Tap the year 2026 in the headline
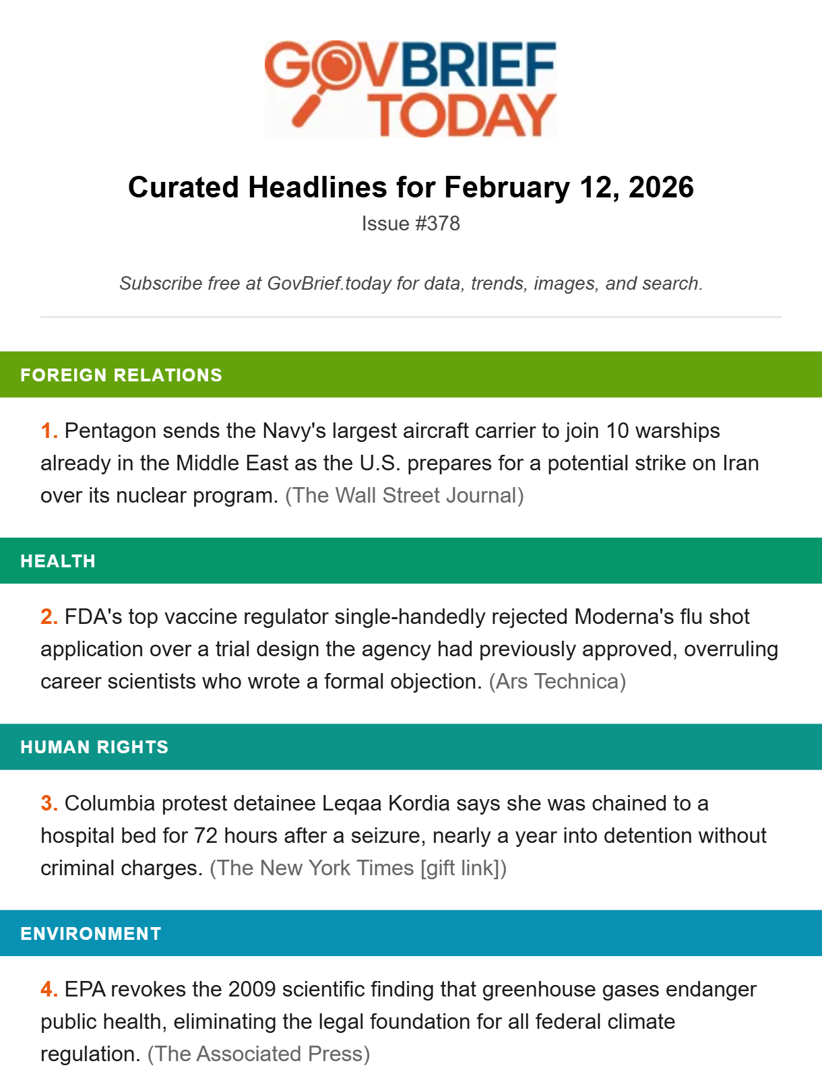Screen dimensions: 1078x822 [661, 187]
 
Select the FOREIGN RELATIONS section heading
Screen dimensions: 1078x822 [121, 375]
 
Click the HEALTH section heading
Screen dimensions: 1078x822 [58, 561]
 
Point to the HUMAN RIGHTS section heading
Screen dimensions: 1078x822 [94, 747]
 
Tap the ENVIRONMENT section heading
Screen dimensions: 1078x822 [91, 934]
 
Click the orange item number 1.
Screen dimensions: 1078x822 [49, 431]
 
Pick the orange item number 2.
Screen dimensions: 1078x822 [49, 617]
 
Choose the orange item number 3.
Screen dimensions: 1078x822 [49, 804]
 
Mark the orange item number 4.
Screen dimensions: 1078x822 [49, 990]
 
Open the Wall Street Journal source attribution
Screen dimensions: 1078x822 [404, 496]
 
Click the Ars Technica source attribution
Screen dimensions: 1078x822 [557, 682]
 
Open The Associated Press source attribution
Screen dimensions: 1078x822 [259, 1054]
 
